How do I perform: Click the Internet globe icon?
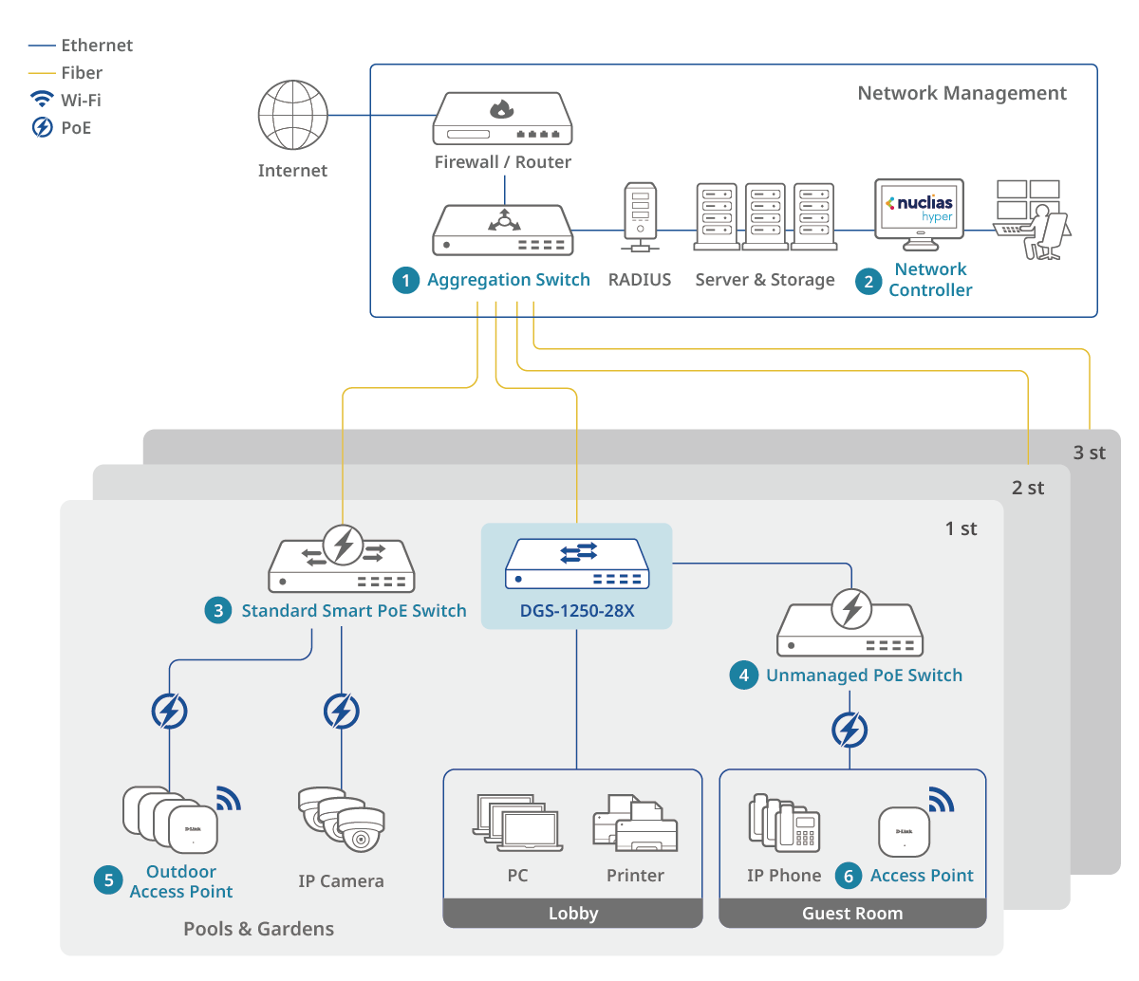pos(293,115)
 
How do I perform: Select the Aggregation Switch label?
pos(508,280)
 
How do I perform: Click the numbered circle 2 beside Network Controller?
pos(868,281)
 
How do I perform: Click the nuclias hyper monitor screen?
pos(919,208)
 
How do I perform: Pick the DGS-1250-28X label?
pos(577,611)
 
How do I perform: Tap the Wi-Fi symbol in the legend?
pos(43,100)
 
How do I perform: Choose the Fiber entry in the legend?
pos(82,73)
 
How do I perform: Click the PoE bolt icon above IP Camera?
pos(342,711)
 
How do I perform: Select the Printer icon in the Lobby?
pos(635,824)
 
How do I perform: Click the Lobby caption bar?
pos(573,914)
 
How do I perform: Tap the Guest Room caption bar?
pos(852,914)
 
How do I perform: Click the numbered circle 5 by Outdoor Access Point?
pos(108,880)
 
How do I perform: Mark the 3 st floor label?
pos(1089,453)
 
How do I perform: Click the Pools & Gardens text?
pos(258,929)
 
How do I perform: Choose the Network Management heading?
pos(962,93)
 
